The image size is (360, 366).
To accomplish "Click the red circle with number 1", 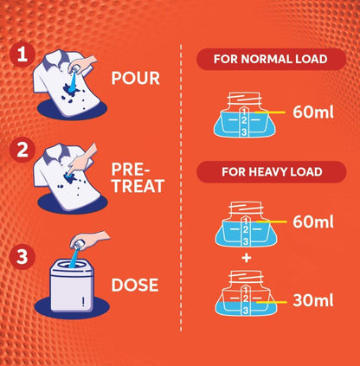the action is point(22,55).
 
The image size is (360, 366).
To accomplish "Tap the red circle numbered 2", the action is point(22,151).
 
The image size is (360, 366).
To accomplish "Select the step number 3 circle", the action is point(22,257).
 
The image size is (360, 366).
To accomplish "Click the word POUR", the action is point(135,78).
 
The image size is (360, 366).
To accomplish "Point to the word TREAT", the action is point(138,186).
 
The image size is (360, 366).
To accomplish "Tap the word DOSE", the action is point(135,285).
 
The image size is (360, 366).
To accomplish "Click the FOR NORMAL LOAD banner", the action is point(271,59).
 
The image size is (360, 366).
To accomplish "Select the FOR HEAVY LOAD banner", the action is point(271,172).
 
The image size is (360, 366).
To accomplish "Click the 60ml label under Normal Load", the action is point(313,112).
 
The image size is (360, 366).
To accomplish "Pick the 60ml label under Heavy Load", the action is point(313,222).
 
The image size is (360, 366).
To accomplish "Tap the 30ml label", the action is point(313,300).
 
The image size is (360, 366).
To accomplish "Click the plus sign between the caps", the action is point(247,258).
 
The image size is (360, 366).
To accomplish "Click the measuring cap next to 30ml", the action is point(246,293).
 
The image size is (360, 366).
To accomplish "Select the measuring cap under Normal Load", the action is point(245,114).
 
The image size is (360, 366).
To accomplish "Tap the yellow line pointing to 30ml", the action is point(272,302).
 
